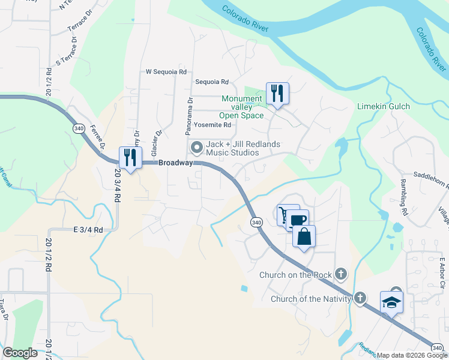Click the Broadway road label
[176, 163]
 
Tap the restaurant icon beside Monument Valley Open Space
[277, 94]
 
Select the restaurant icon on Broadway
[130, 157]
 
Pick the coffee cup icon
[296, 220]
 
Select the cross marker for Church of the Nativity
[360, 298]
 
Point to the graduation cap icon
[391, 302]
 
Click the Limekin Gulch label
[384, 106]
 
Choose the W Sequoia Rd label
[166, 71]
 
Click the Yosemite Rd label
[212, 125]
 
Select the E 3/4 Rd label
[88, 229]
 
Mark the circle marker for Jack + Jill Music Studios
[196, 147]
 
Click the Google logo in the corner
[20, 353]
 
